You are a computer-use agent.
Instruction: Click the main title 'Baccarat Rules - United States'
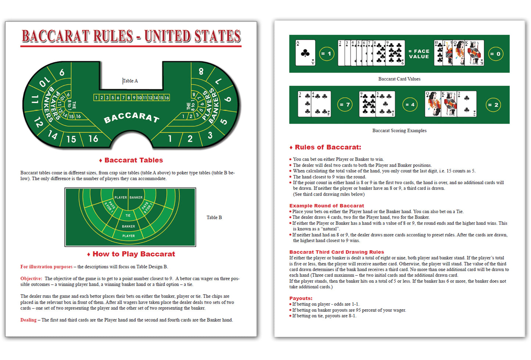pos(131,36)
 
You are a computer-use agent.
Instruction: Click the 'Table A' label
pos(130,81)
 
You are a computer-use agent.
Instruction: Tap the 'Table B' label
pos(214,218)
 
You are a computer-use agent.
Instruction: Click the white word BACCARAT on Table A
pos(132,117)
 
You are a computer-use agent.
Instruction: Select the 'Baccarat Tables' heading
pos(133,160)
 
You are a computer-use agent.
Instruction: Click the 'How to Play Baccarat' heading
pos(133,254)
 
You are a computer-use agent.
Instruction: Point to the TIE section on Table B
pos(128,215)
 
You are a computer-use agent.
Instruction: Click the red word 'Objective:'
pos(31,279)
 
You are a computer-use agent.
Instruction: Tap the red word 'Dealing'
pos(28,320)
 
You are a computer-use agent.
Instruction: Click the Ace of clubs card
pos(305,53)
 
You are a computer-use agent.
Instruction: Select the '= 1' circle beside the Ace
pos(326,54)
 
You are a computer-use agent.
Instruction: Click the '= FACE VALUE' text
pos(419,54)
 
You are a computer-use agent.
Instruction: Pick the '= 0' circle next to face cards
pos(495,54)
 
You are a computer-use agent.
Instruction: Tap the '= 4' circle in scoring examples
pos(410,105)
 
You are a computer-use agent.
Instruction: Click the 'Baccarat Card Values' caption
pos(399,79)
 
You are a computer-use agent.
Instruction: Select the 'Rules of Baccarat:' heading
pos(328,147)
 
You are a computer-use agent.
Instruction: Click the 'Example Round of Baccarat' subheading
pos(326,206)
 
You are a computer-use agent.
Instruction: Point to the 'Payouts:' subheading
pos(301,299)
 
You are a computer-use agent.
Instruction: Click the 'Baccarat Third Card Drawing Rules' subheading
pos(336,252)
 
